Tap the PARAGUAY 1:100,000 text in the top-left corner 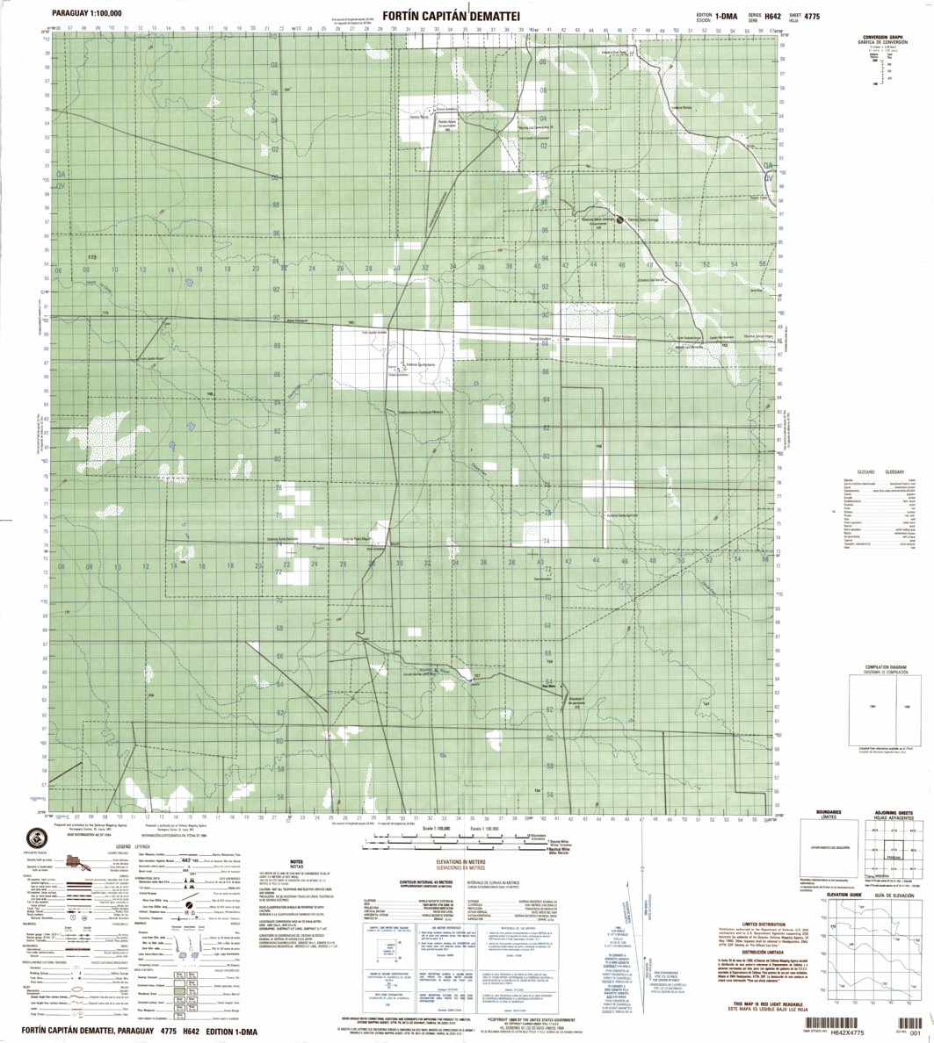click(87, 15)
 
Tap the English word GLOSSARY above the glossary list click(894, 471)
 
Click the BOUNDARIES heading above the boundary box click(829, 812)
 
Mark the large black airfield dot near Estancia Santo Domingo click(619, 219)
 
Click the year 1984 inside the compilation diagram click(872, 708)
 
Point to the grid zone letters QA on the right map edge click(770, 166)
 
